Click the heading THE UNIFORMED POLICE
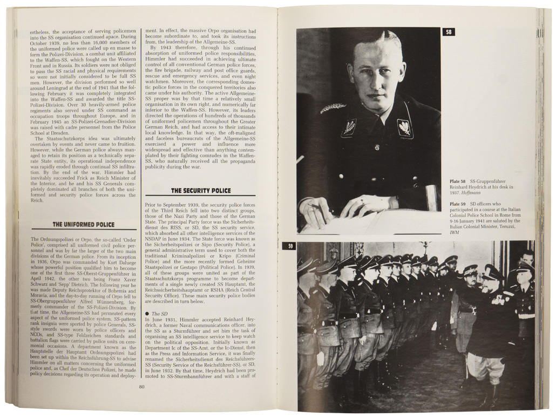(83, 224)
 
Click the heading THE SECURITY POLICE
(201, 191)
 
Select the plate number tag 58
(449, 32)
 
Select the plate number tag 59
(290, 246)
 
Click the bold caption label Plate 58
(458, 181)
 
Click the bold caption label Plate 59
(458, 204)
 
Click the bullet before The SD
(147, 313)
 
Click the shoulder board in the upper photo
(333, 108)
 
